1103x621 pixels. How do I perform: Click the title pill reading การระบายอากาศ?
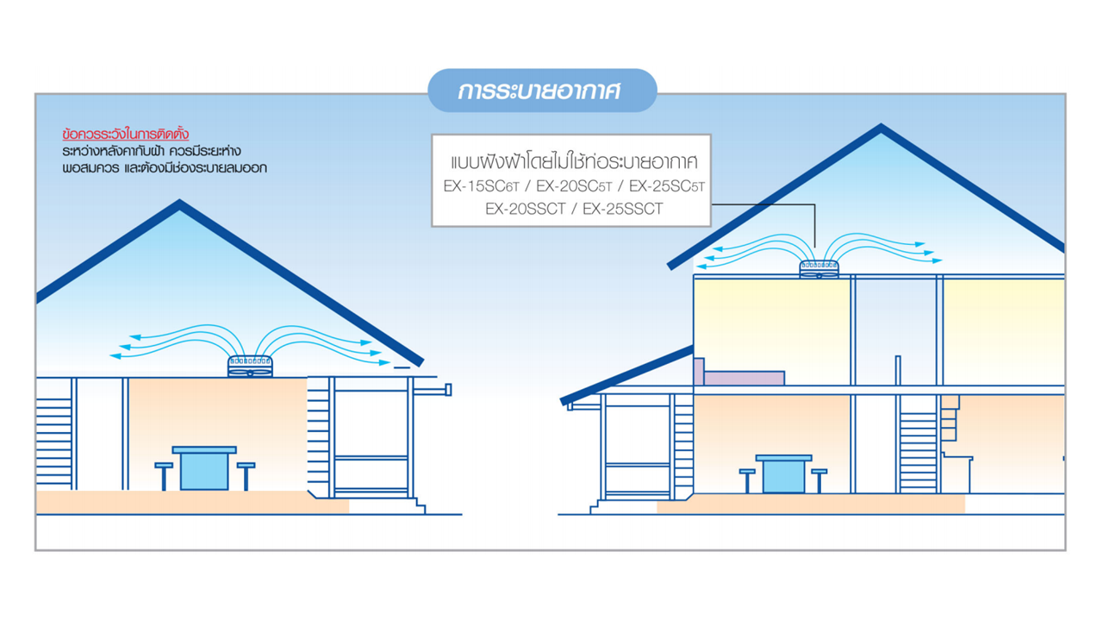pyautogui.click(x=541, y=91)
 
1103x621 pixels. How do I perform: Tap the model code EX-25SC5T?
pyautogui.click(x=661, y=186)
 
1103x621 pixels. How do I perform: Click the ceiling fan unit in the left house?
pyautogui.click(x=250, y=367)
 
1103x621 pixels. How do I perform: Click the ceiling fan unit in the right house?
pyautogui.click(x=819, y=269)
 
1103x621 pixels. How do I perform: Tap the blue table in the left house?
pyautogui.click(x=204, y=467)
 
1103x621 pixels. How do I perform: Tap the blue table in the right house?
pyautogui.click(x=783, y=474)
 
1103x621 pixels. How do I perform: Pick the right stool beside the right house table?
pyautogui.click(x=819, y=480)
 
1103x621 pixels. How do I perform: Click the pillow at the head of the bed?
pyautogui.click(x=699, y=371)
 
